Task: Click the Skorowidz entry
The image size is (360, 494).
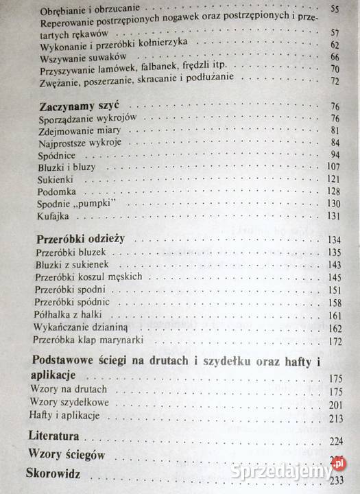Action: click(53, 473)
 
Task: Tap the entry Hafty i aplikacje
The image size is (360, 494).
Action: click(66, 416)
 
